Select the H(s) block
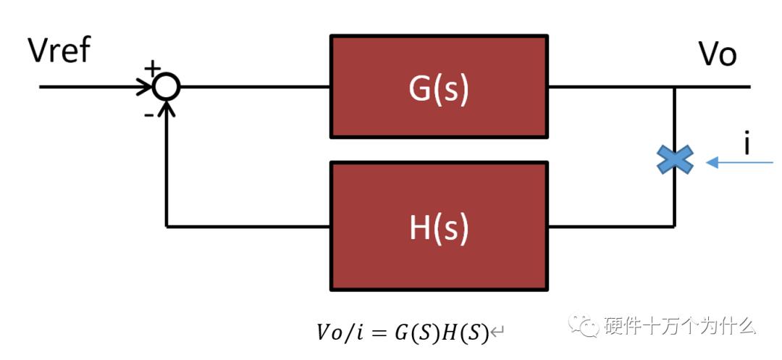[x=440, y=227]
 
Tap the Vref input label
[x=59, y=51]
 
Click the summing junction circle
[x=166, y=87]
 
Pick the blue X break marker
[x=675, y=159]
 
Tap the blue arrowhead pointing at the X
[x=712, y=162]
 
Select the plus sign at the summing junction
[x=150, y=68]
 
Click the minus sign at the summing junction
[x=148, y=115]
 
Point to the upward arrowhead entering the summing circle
[x=167, y=108]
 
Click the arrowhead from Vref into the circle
[x=145, y=87]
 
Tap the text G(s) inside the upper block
[x=439, y=88]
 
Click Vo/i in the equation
[x=339, y=332]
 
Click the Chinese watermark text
[x=680, y=326]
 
